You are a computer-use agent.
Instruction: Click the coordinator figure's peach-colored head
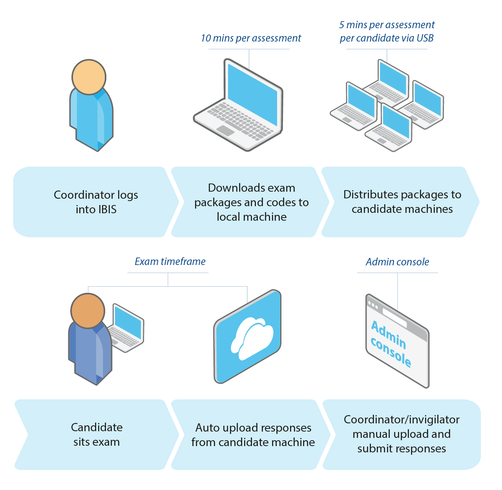[x=89, y=77]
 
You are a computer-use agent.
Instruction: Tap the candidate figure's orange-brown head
[x=88, y=310]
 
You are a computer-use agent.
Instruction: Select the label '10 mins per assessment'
[x=251, y=38]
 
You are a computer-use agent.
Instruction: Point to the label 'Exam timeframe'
[x=170, y=261]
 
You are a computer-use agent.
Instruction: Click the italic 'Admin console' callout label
[x=397, y=262]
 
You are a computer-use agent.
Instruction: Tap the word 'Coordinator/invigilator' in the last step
[x=402, y=420]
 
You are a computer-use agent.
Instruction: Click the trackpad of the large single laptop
[x=225, y=131]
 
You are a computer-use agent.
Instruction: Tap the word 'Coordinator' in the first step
[x=84, y=195]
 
